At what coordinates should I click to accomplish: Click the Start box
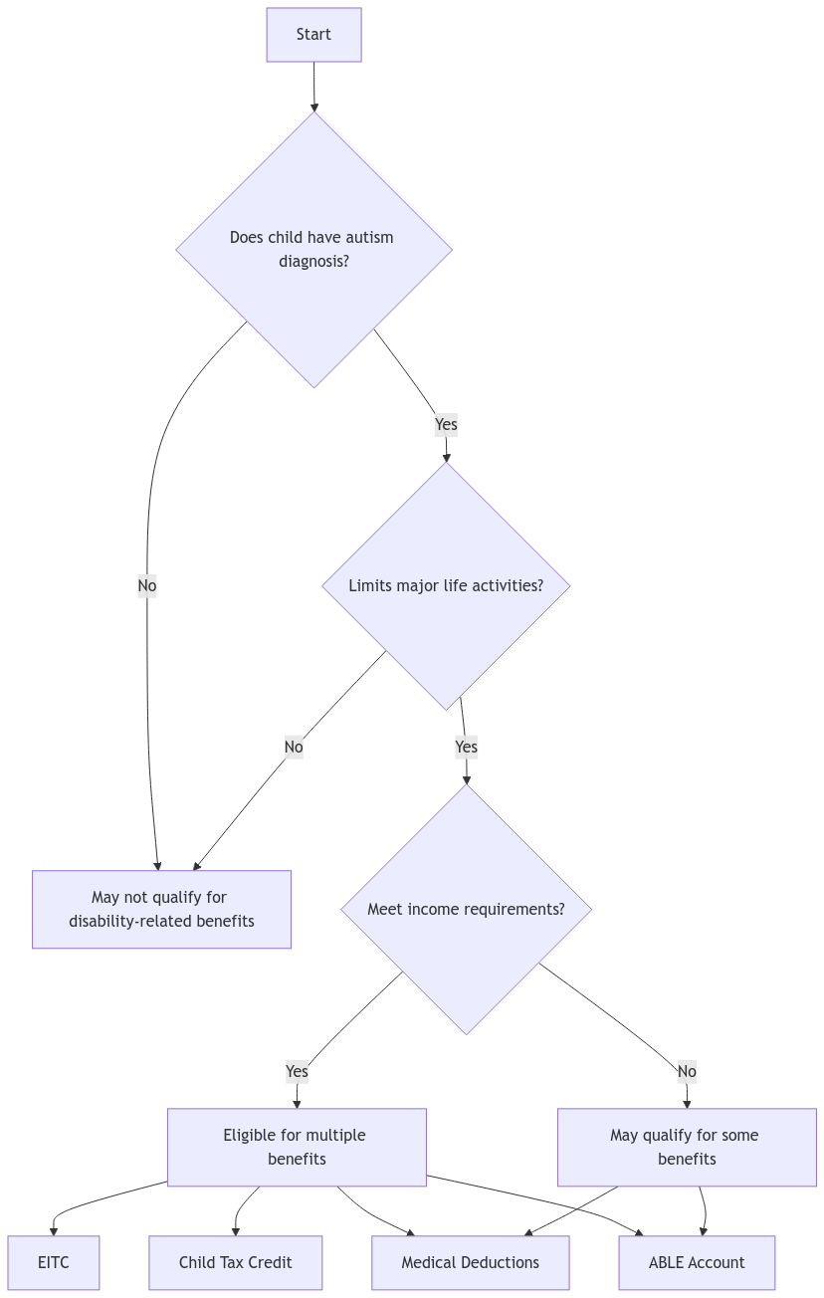tap(313, 35)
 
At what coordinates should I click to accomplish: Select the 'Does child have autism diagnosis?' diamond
tap(313, 249)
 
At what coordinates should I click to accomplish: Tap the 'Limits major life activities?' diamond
tap(446, 585)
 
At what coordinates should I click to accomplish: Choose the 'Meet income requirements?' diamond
tap(466, 909)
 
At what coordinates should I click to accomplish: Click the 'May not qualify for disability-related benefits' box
tap(161, 910)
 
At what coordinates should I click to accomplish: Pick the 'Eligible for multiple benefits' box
tap(296, 1147)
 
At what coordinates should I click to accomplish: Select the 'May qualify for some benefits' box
tap(686, 1147)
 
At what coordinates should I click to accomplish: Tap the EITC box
tap(54, 1262)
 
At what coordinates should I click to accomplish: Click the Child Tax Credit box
tap(236, 1262)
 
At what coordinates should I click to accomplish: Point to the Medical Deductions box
tap(470, 1262)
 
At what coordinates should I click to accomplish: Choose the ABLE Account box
tap(697, 1262)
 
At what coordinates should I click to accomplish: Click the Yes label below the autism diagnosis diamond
tap(446, 425)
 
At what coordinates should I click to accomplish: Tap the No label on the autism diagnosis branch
tap(147, 586)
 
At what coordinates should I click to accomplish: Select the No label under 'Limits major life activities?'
tap(293, 747)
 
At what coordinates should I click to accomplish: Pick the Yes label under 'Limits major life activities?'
tap(466, 747)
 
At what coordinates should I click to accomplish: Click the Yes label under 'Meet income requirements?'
tap(297, 1071)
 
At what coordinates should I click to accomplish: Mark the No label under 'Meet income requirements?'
tap(687, 1071)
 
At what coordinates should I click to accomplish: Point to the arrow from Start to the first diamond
tap(314, 88)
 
